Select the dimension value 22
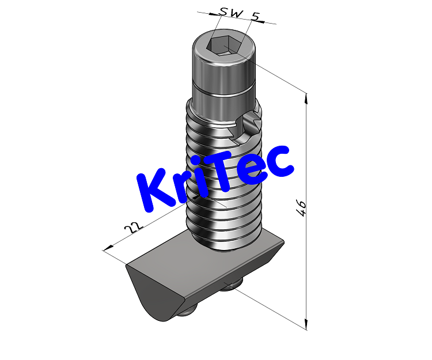pyautogui.click(x=133, y=227)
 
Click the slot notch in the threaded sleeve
pyautogui.click(x=250, y=124)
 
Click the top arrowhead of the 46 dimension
pyautogui.click(x=305, y=98)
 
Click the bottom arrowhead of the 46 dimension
pyautogui.click(x=305, y=324)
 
